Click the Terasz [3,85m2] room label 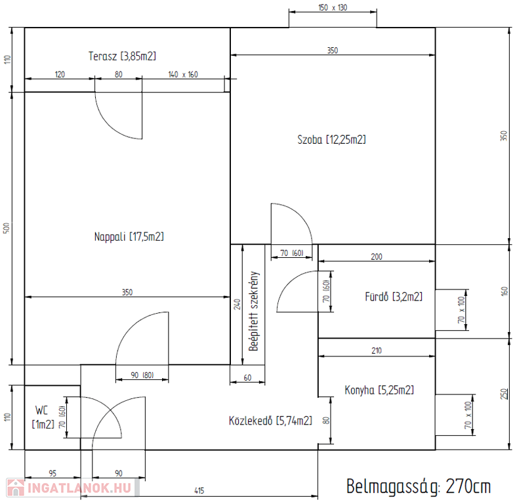[122, 56]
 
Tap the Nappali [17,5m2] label [129, 236]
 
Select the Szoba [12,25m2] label [331, 140]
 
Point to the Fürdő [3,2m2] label [394, 297]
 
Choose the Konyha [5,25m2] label [379, 390]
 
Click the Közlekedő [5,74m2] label [270, 421]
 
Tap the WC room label [42, 410]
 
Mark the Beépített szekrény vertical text [253, 311]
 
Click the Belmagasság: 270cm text [419, 486]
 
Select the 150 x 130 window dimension [333, 7]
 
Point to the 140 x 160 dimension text [183, 75]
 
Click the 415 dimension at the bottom [199, 490]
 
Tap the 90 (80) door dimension [142, 375]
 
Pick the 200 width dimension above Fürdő [377, 257]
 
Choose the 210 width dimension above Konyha [377, 350]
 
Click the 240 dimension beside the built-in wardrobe [237, 304]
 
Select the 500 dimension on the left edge [7, 228]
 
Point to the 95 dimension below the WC [52, 473]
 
